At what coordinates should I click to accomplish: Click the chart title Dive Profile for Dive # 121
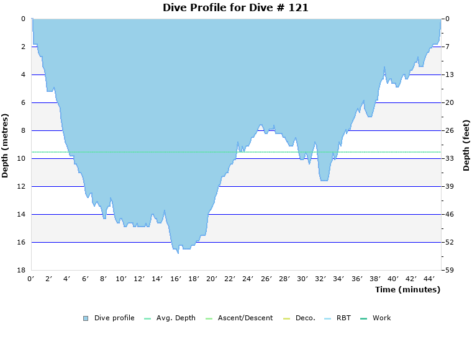click(235, 7)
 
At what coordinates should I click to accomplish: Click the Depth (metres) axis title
click(6, 145)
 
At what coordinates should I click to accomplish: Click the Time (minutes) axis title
click(407, 289)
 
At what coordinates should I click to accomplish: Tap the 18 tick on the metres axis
click(20, 270)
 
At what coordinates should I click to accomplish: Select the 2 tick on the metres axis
click(22, 47)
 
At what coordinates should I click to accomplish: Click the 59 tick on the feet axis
click(450, 270)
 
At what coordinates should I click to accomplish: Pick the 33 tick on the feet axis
click(450, 158)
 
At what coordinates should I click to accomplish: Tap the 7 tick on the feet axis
click(448, 47)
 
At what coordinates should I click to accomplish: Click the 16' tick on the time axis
click(176, 279)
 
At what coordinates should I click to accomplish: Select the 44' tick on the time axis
click(429, 279)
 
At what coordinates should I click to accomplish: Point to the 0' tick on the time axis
click(31, 279)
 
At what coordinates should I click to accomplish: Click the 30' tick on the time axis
click(302, 279)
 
